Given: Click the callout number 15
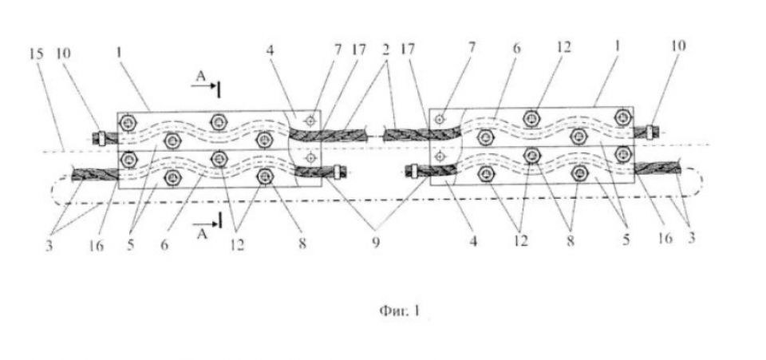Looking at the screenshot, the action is coord(36,53).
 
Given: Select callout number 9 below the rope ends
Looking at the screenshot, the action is coord(375,243).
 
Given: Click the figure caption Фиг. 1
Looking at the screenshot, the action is coord(400,311).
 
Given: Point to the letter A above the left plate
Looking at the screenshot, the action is coord(199,75).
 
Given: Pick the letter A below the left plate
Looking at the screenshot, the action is coord(202,235).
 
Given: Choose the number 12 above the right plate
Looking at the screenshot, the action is coord(563,47).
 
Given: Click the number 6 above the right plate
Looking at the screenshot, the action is coord(517,49).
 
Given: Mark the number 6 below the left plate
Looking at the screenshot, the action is coord(164,245).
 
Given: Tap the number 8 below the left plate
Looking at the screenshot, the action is coord(302,243).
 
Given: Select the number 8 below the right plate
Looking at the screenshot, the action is coord(570,241).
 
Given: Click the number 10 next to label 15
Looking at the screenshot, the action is coord(64,53).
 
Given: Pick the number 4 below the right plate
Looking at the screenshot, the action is coord(473,241).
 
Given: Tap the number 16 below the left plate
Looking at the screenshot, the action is coord(97,245).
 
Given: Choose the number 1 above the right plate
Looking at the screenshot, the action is coord(618,47).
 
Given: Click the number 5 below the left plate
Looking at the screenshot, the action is coord(130,245).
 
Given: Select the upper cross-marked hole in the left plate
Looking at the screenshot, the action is coord(310,121).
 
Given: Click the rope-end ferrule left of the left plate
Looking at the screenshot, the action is coord(101,138).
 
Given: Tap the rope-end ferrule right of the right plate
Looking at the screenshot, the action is coord(650,132).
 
